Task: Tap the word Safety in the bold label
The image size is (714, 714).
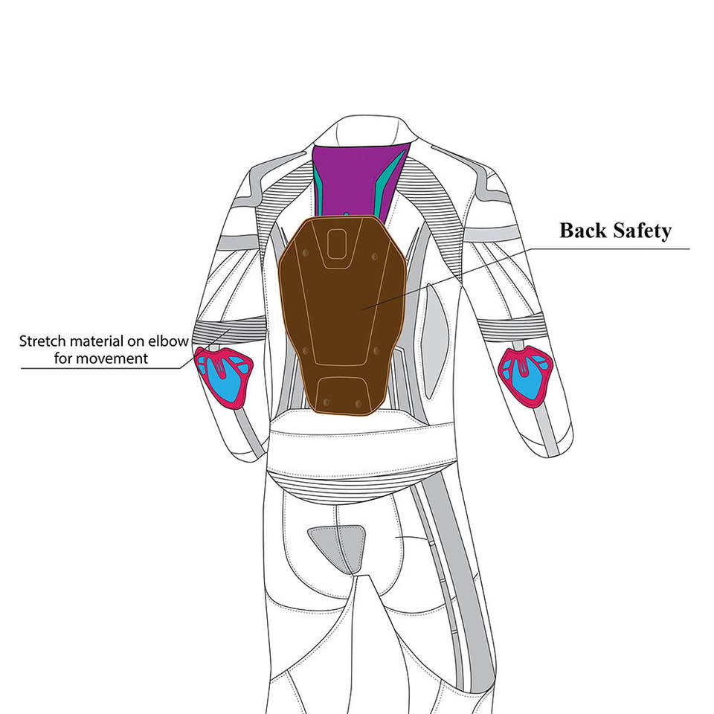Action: point(641,231)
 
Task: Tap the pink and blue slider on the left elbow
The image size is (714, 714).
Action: point(222,376)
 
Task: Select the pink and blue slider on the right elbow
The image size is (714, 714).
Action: point(527,374)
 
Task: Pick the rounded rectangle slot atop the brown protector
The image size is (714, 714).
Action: point(338,242)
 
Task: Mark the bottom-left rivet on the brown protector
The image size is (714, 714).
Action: point(320,402)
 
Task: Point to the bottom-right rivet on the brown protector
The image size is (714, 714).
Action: point(358,402)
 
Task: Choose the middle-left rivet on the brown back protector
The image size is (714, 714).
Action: point(303,348)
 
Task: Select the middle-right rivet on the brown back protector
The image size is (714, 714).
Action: point(376,348)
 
